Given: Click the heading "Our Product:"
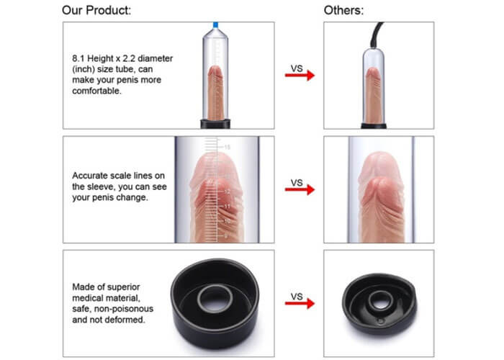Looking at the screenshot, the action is click(x=96, y=10).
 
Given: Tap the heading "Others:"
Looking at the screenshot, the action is click(x=343, y=10).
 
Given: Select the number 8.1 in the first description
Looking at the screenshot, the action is click(x=78, y=58).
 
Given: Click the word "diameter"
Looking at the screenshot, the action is click(x=156, y=58).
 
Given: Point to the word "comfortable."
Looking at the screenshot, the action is click(x=96, y=91).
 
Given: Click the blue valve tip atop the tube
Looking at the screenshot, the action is click(x=216, y=24).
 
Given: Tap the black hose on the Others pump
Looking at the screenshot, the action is click(x=376, y=35).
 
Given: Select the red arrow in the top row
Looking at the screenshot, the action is click(x=300, y=76).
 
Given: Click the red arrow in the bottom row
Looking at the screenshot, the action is click(x=300, y=303).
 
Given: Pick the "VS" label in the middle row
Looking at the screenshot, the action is click(x=297, y=183).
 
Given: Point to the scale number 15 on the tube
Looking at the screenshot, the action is click(x=228, y=147).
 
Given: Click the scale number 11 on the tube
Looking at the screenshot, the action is click(x=228, y=207).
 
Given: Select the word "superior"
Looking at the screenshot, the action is click(x=124, y=287).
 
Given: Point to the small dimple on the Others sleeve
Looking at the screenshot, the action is click(x=381, y=320).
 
